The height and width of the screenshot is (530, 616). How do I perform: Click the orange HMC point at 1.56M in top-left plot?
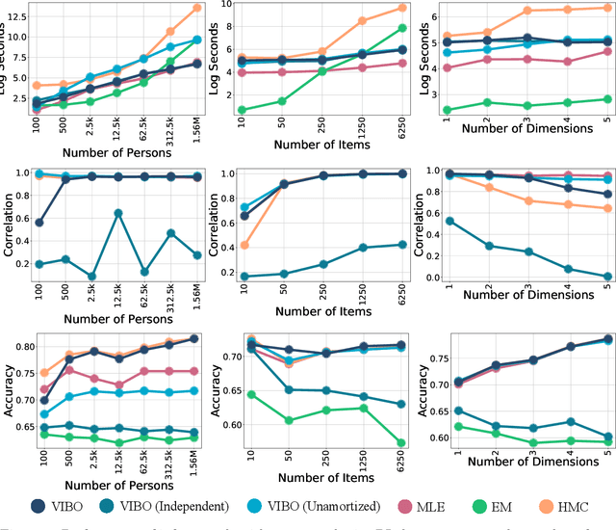(x=196, y=8)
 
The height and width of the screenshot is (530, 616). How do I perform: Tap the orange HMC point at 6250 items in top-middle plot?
(x=402, y=8)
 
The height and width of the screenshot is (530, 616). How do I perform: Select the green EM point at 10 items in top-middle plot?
(x=242, y=111)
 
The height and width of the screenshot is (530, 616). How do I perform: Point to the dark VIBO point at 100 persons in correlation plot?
(x=38, y=222)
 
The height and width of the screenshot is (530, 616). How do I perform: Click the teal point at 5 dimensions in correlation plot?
(x=606, y=277)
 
